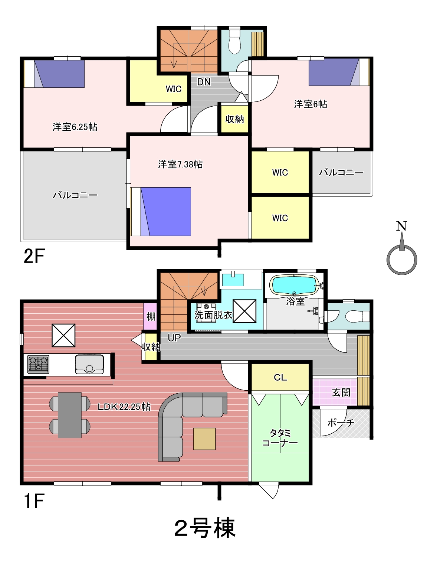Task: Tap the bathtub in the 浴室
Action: tap(295, 285)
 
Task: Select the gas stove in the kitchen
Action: tap(38, 364)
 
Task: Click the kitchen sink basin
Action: tap(89, 364)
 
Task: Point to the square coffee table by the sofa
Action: tap(204, 438)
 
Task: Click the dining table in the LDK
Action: tap(70, 415)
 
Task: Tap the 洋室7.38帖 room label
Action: tap(180, 164)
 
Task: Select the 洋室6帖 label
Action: tap(310, 104)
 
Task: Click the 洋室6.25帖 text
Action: tap(75, 127)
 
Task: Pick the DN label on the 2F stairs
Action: tap(204, 82)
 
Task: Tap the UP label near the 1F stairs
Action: tap(174, 338)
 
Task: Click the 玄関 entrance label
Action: tap(341, 393)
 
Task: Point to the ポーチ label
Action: tap(341, 423)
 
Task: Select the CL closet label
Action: tap(280, 377)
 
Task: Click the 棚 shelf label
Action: tap(151, 316)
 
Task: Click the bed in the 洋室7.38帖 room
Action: tap(161, 211)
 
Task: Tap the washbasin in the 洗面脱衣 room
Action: tap(233, 280)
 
